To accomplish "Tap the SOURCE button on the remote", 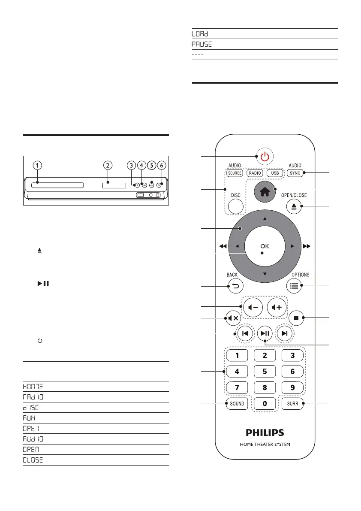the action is tap(235, 173).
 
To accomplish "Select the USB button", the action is tap(275, 173).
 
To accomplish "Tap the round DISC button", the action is tap(235, 205).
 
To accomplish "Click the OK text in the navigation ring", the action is tap(265, 246).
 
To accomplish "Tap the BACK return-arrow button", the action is tap(235, 286).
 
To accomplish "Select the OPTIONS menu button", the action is tap(295, 286).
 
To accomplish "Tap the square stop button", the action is tap(295, 318).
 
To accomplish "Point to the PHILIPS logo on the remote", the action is tap(265, 432).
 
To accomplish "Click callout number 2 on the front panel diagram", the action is tap(108, 165).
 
